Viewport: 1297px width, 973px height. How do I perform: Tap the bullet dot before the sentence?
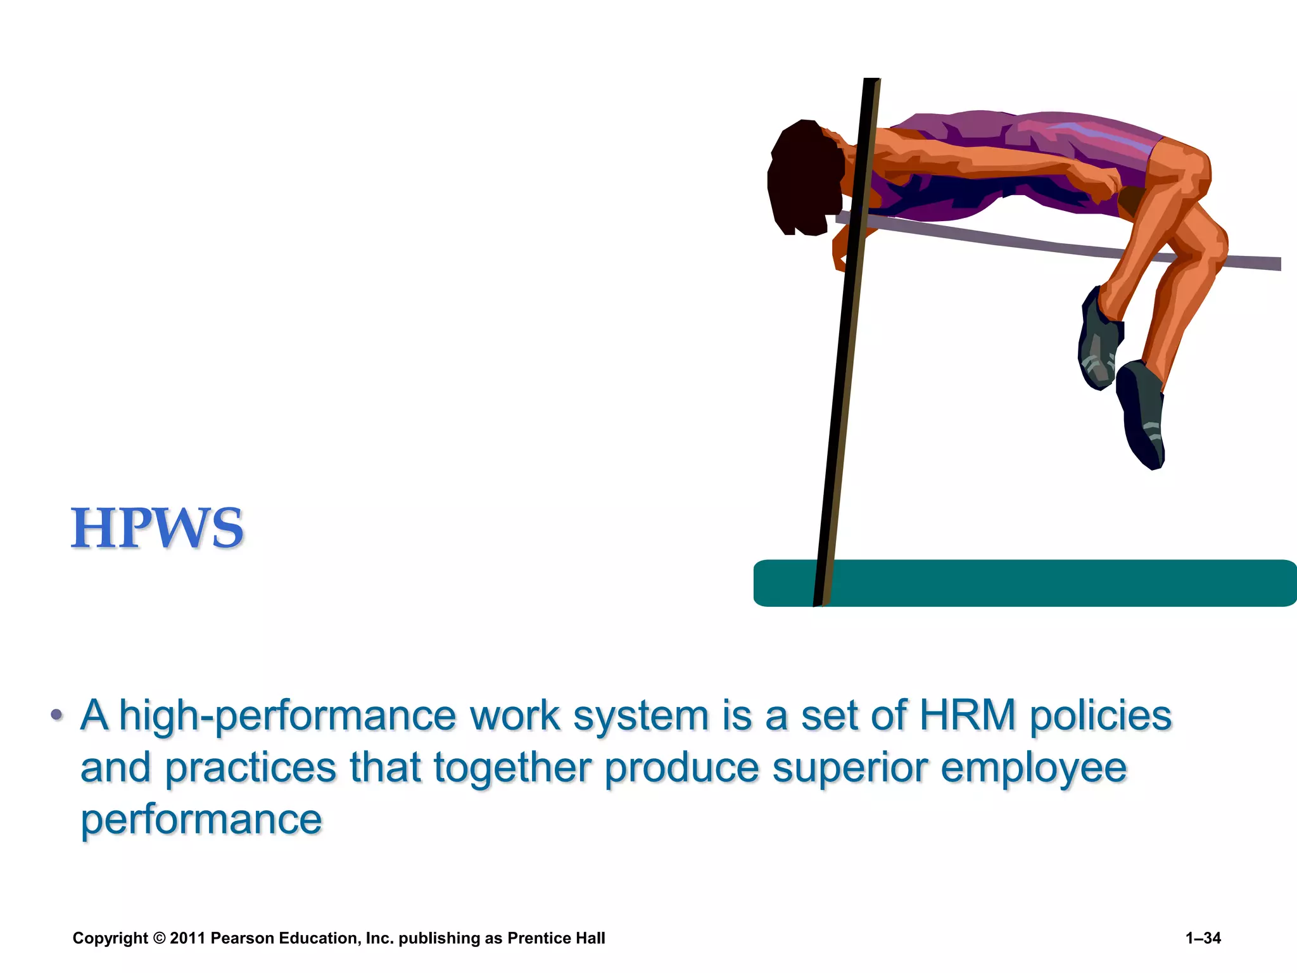point(57,715)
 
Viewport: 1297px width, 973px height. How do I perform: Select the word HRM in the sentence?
point(968,715)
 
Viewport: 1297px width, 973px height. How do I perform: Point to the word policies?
point(1101,716)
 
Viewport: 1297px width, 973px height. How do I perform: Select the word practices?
point(251,768)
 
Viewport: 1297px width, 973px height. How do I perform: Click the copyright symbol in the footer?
point(159,938)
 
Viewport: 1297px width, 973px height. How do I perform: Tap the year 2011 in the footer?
point(187,938)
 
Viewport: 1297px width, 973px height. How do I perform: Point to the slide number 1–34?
point(1203,938)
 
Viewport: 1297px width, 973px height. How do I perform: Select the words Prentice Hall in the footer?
point(556,938)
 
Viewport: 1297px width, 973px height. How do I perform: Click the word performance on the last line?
point(201,820)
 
